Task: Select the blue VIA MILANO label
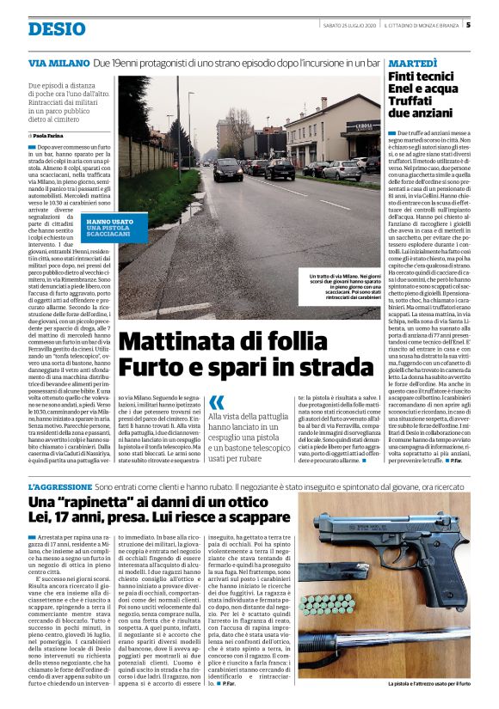click(57, 64)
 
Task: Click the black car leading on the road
click(227, 168)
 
